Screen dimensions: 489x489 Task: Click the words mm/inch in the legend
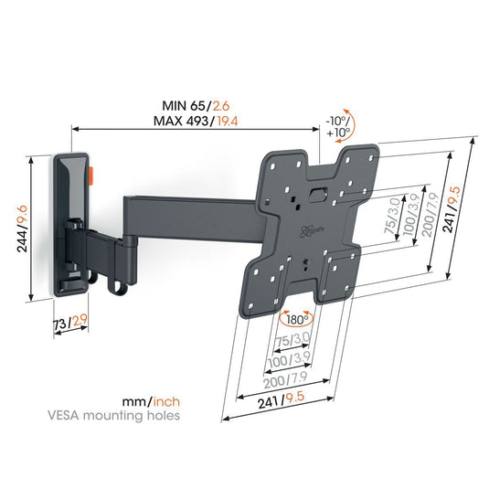152,401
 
